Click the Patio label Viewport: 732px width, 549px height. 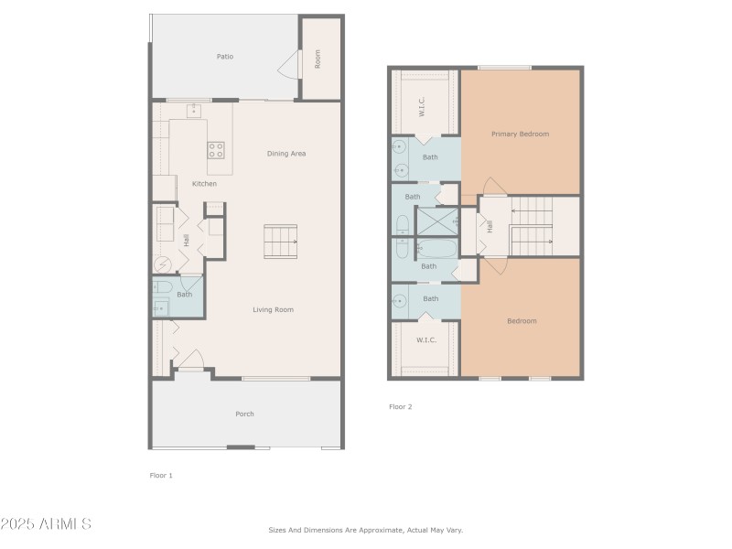coord(224,57)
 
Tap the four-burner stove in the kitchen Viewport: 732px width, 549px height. coord(216,149)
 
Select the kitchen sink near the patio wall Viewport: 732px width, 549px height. coord(194,112)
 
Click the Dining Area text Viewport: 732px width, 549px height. coord(285,154)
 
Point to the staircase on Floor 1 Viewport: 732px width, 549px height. coord(281,242)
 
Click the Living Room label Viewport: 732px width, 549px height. coord(273,310)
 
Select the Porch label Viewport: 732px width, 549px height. coord(244,414)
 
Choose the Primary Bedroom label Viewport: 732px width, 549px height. coord(520,135)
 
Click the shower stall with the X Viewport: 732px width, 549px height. coord(436,221)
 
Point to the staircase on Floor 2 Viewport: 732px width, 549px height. coord(531,226)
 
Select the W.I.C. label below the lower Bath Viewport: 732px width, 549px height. coord(426,340)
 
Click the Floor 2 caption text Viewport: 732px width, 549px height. coord(401,406)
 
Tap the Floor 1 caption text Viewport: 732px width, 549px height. coord(161,475)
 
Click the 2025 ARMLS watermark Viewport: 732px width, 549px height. coord(46,524)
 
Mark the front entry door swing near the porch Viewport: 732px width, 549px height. coord(191,361)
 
